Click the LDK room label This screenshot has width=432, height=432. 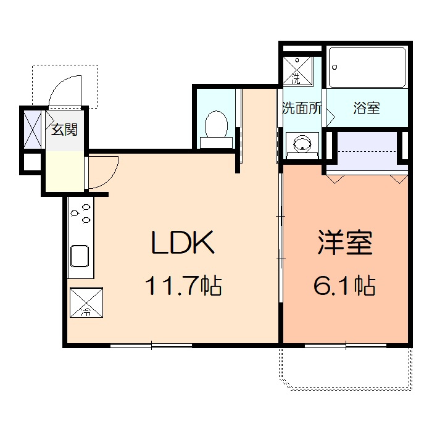[183, 242]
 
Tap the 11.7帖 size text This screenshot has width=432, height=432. [183, 285]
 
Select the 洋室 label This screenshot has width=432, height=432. [345, 243]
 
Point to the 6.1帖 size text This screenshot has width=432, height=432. [344, 285]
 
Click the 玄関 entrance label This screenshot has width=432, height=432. [64, 130]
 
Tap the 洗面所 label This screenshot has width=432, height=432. [302, 108]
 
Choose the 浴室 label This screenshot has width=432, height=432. [367, 108]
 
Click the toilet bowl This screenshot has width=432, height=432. [216, 129]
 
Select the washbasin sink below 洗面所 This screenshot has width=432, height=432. [302, 144]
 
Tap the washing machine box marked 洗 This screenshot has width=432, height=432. [297, 71]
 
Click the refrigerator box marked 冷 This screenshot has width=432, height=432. [86, 302]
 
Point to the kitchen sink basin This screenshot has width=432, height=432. [80, 256]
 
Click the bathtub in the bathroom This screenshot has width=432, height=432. [367, 67]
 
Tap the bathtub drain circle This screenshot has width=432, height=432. [334, 67]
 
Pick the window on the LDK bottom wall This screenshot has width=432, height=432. [151, 345]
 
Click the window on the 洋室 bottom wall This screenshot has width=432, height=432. [346, 345]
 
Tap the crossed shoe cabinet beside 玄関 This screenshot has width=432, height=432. [33, 129]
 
